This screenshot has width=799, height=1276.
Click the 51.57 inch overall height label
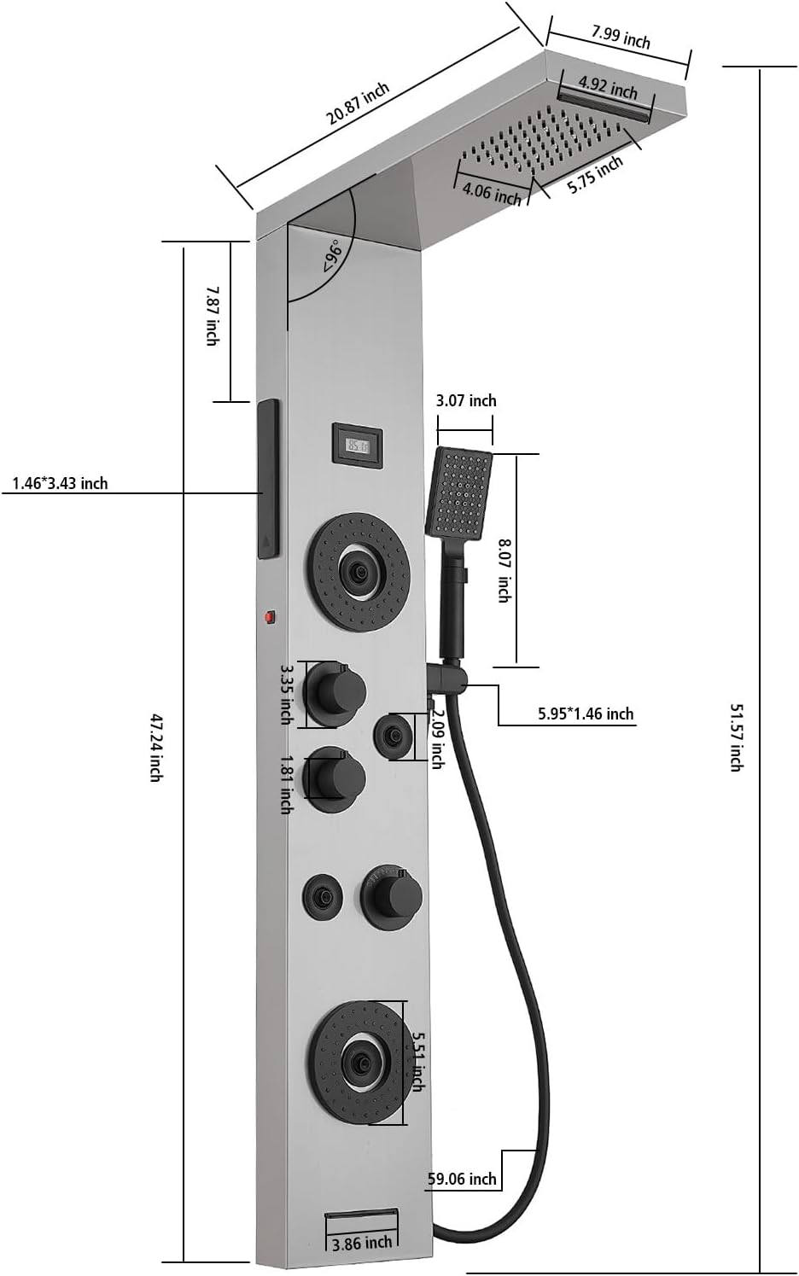coord(735,737)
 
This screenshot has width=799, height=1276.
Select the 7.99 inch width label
coord(621,37)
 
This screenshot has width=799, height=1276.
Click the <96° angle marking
coord(332,256)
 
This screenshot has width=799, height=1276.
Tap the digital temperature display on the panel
coord(357,445)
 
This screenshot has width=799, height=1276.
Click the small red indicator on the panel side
coord(271,616)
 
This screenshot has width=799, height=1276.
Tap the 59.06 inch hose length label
coord(462,1179)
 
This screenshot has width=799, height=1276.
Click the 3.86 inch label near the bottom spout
coord(362,1244)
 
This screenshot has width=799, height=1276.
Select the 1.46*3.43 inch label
coord(60,484)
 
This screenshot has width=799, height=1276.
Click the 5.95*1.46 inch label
coord(586,714)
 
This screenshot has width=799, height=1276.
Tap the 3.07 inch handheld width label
coord(465,400)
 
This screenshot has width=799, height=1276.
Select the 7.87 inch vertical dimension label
coord(211,316)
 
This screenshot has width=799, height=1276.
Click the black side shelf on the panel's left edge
coord(268,479)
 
